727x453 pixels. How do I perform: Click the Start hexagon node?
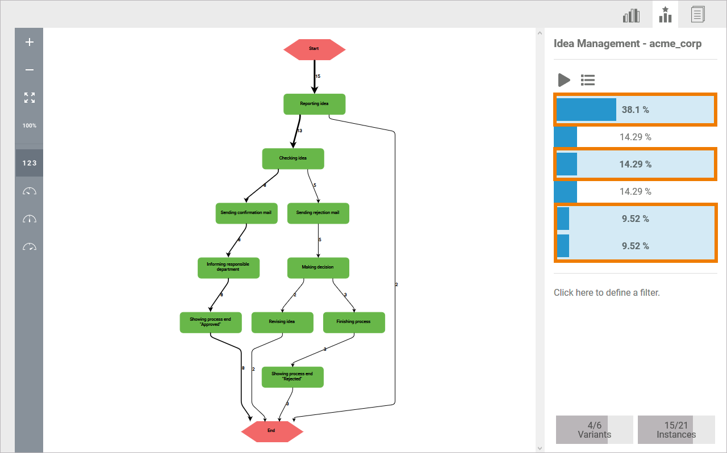coord(314,49)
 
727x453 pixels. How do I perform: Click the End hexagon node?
coord(271,431)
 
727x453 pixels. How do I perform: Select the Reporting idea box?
coord(314,104)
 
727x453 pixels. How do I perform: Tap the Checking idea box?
coord(293,158)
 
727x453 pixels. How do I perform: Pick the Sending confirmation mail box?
coord(246,213)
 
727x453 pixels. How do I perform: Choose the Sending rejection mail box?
coord(317,213)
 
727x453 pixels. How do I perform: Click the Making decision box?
coord(317,267)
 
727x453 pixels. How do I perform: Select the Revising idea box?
coord(282,322)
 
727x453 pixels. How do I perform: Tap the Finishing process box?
coord(353,322)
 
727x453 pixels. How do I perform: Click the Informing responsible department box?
coord(228,267)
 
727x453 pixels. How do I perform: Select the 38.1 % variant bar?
coord(635,110)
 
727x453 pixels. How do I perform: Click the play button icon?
coord(563,80)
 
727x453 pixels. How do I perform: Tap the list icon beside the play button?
coord(588,80)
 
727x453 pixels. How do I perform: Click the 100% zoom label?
coord(30,125)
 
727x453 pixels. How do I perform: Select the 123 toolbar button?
coord(30,163)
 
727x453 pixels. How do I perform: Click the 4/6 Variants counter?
coord(594,430)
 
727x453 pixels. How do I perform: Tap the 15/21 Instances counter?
coord(676,430)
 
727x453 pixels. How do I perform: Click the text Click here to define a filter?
coord(607,293)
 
